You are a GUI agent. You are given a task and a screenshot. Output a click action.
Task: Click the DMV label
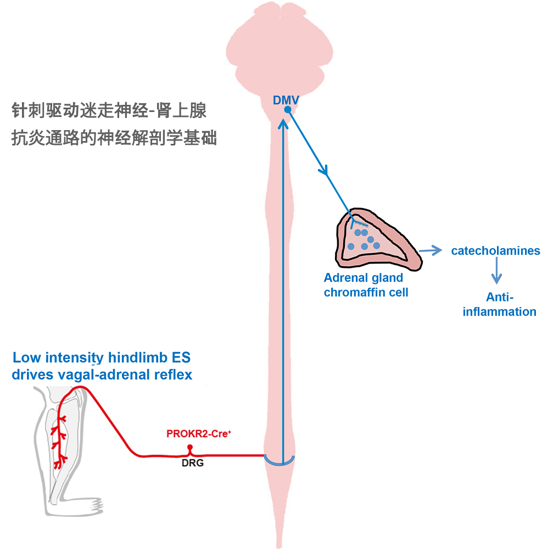(x=286, y=100)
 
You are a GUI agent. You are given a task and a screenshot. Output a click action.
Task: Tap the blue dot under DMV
(x=287, y=110)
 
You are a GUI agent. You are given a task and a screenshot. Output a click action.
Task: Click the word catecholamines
(x=495, y=251)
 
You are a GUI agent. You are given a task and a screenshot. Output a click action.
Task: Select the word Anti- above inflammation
(x=500, y=297)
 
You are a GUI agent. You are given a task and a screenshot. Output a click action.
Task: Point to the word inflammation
(x=499, y=312)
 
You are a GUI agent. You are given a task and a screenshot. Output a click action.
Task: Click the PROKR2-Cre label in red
(x=199, y=434)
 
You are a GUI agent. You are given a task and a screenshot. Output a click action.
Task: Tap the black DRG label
(x=193, y=463)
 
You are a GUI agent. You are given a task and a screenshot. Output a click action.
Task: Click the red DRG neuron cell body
(x=190, y=447)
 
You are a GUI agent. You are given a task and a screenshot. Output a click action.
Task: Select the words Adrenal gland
(x=363, y=278)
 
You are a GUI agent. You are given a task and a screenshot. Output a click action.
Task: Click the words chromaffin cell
(x=366, y=293)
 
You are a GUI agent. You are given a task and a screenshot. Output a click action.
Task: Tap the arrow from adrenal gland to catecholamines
(x=431, y=250)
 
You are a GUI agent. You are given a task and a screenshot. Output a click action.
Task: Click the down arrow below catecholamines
(x=496, y=270)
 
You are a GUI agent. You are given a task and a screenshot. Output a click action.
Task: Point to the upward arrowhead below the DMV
(x=283, y=124)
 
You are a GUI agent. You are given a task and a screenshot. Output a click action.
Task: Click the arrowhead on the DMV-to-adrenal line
(x=324, y=170)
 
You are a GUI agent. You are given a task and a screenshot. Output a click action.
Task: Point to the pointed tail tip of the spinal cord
(x=279, y=546)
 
